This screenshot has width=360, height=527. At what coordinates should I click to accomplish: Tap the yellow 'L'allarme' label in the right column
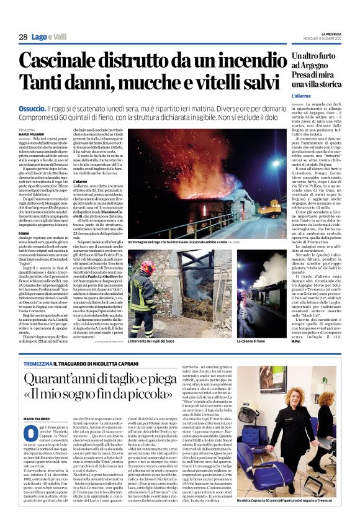pyautogui.click(x=302, y=96)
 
